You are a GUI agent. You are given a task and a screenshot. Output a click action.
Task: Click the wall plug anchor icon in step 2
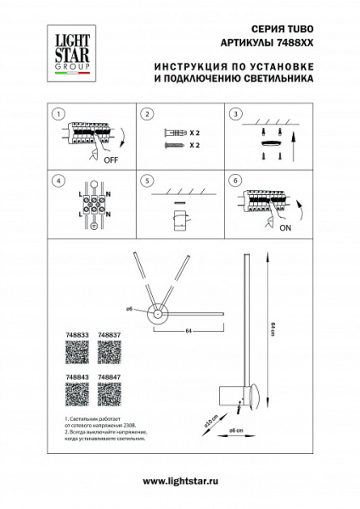(173, 133)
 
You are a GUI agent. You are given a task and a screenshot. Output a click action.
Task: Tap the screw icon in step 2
(172, 146)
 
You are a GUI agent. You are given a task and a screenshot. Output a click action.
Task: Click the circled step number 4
(57, 181)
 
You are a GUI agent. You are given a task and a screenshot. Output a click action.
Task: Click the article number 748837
(110, 336)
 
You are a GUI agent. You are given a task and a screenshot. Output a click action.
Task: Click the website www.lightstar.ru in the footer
(180, 481)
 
